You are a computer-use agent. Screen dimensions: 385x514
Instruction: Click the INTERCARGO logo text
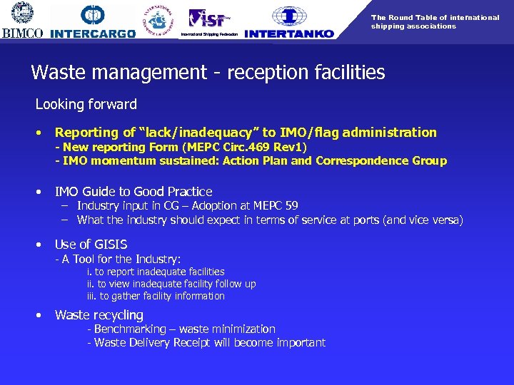coord(93,34)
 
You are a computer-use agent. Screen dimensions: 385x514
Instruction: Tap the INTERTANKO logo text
coord(288,34)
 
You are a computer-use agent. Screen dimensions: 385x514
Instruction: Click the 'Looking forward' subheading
coord(86,104)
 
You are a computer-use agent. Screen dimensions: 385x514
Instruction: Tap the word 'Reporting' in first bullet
coord(87,132)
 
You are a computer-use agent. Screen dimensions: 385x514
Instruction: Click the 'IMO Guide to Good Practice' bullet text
coord(133,191)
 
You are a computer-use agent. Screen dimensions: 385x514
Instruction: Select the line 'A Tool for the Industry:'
coord(118,259)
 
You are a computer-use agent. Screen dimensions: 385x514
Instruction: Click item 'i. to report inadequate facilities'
coord(156,272)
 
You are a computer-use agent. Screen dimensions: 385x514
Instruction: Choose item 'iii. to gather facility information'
coord(156,296)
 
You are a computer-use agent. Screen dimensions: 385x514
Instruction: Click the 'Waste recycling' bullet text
coord(99,314)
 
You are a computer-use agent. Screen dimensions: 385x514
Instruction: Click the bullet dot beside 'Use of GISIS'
coord(39,245)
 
